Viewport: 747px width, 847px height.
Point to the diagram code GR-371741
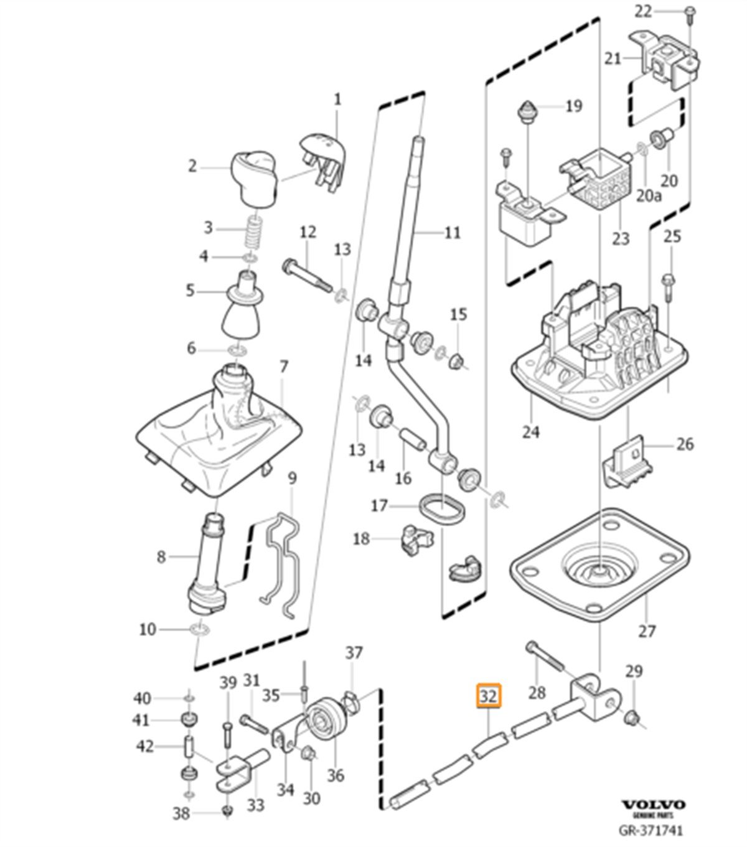[651, 831]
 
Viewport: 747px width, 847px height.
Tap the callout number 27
[647, 631]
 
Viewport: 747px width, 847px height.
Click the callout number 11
[453, 233]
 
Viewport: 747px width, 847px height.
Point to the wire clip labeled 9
[282, 560]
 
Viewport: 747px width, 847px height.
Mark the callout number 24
[530, 431]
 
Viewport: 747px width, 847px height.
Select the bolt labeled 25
[669, 287]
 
